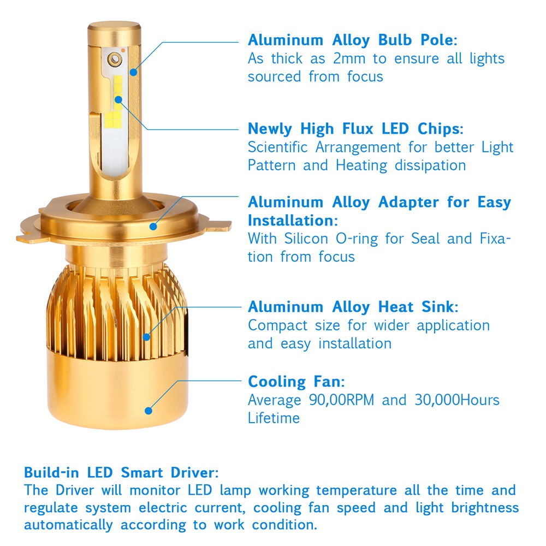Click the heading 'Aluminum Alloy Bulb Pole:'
click(x=352, y=40)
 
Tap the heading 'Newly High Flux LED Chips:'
click(x=355, y=129)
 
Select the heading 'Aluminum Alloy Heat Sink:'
click(x=353, y=307)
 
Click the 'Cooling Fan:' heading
click(x=296, y=382)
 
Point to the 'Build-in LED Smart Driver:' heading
click(x=121, y=472)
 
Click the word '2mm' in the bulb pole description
click(x=349, y=58)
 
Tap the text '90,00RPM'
click(x=342, y=400)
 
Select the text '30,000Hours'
click(x=457, y=400)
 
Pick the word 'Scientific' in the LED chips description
click(x=278, y=147)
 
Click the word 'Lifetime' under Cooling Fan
click(x=274, y=418)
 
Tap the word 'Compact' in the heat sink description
click(x=277, y=326)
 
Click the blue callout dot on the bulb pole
click(x=134, y=73)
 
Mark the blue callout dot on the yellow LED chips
click(x=118, y=99)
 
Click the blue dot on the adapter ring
click(x=153, y=227)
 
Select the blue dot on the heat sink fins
click(x=146, y=337)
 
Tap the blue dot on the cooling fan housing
click(x=149, y=411)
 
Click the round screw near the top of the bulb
click(x=115, y=60)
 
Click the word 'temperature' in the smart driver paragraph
click(x=357, y=491)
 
